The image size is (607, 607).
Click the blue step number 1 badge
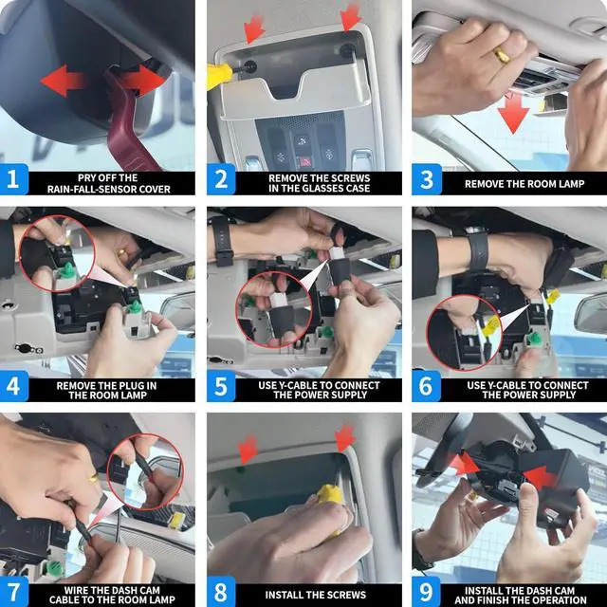(x=14, y=179)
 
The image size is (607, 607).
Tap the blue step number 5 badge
(x=221, y=386)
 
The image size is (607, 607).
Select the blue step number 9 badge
(x=426, y=592)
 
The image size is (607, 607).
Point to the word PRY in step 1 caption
(x=86, y=177)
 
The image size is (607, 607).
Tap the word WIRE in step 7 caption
(x=75, y=590)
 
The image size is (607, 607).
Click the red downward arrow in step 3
(x=513, y=113)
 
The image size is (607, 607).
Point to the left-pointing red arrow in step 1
(x=62, y=81)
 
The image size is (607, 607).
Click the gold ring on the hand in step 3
(x=502, y=55)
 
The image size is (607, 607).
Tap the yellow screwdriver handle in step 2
(x=219, y=76)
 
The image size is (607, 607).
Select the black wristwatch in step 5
(x=222, y=240)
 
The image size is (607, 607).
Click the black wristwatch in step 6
(x=477, y=248)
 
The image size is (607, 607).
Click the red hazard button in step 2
(x=305, y=161)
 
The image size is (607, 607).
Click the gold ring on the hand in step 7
(x=94, y=478)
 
